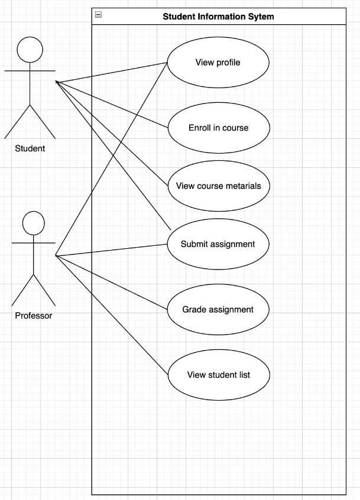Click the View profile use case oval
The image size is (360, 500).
(x=218, y=63)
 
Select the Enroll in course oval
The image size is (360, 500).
(x=218, y=128)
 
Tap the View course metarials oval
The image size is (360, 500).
(x=218, y=186)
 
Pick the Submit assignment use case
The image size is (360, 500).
(x=218, y=244)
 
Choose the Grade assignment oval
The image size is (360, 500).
(x=218, y=309)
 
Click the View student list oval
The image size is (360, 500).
(x=218, y=375)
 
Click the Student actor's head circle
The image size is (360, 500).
(x=30, y=50)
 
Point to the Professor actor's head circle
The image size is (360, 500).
(x=34, y=223)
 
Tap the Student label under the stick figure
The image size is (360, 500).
(x=30, y=148)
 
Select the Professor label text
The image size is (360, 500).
(x=34, y=316)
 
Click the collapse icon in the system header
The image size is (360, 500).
(x=98, y=15)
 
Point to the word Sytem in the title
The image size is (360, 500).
(x=262, y=17)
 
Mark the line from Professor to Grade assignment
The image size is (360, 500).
(x=112, y=283)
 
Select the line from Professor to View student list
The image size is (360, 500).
(x=112, y=314)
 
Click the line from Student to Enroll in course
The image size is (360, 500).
(x=112, y=104)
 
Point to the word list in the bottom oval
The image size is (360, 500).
(x=243, y=375)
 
